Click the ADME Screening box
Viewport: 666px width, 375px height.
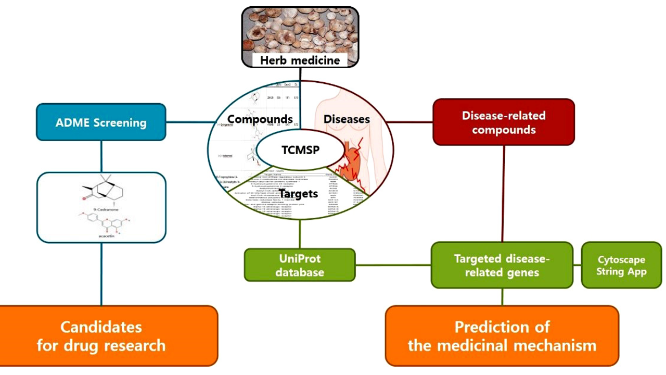101,122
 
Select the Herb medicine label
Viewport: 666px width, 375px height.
300,60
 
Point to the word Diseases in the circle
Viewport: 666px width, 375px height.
347,119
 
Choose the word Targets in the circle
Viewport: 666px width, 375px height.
298,194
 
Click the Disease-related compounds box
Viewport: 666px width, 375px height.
504,122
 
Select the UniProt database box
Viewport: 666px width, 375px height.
300,265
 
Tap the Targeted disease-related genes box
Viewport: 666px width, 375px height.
502,265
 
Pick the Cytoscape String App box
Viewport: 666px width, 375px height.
621,265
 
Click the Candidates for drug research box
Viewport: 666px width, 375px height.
101,335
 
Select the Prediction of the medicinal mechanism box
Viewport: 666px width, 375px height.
502,335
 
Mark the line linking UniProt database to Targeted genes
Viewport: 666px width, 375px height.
393,265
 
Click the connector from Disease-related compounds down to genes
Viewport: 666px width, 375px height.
503,193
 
